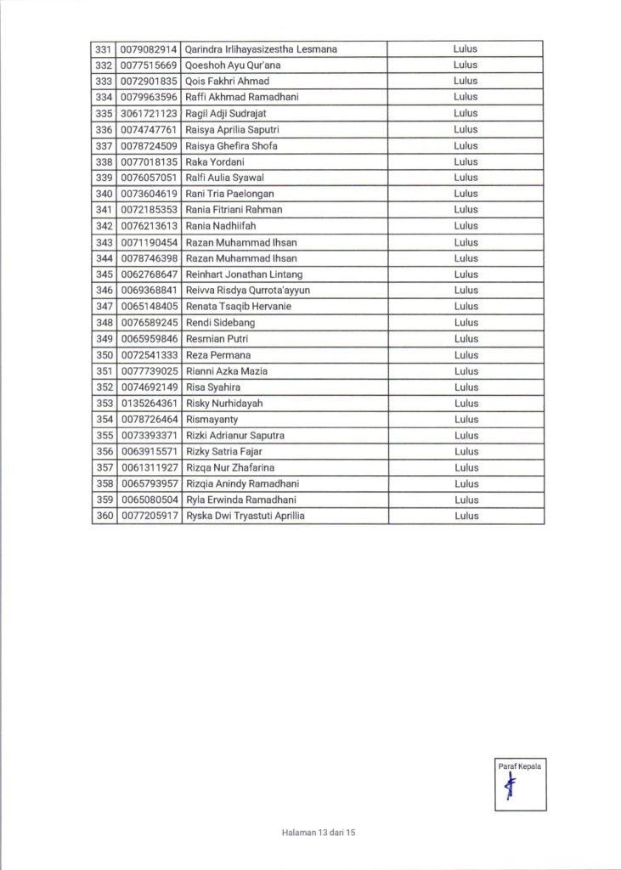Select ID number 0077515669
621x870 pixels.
[x=149, y=65]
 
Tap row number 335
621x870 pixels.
[x=104, y=113]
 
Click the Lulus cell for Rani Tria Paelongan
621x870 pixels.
[x=466, y=194]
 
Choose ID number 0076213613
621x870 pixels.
[x=149, y=226]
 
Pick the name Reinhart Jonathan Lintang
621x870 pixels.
[x=243, y=274]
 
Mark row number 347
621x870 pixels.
[x=104, y=307]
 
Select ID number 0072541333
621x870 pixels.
[x=149, y=355]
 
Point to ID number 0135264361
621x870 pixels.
[x=149, y=404]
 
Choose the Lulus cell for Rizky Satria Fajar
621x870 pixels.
[x=466, y=451]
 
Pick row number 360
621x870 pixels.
[x=104, y=516]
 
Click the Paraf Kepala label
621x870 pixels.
[x=520, y=766]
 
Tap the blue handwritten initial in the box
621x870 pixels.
[x=511, y=790]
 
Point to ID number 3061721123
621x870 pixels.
[x=149, y=113]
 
